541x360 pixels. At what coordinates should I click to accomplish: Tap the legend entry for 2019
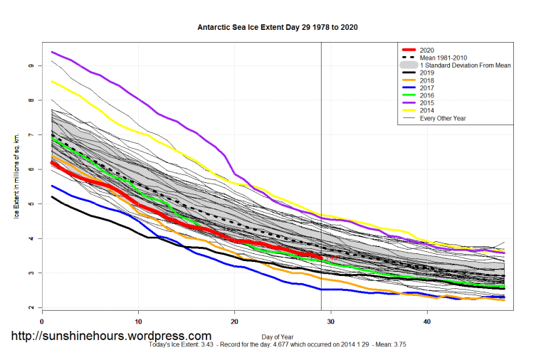427,73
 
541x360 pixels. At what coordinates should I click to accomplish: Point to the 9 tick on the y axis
31,65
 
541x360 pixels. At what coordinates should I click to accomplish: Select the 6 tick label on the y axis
31,169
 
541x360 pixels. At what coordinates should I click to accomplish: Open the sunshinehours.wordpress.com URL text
110,336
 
